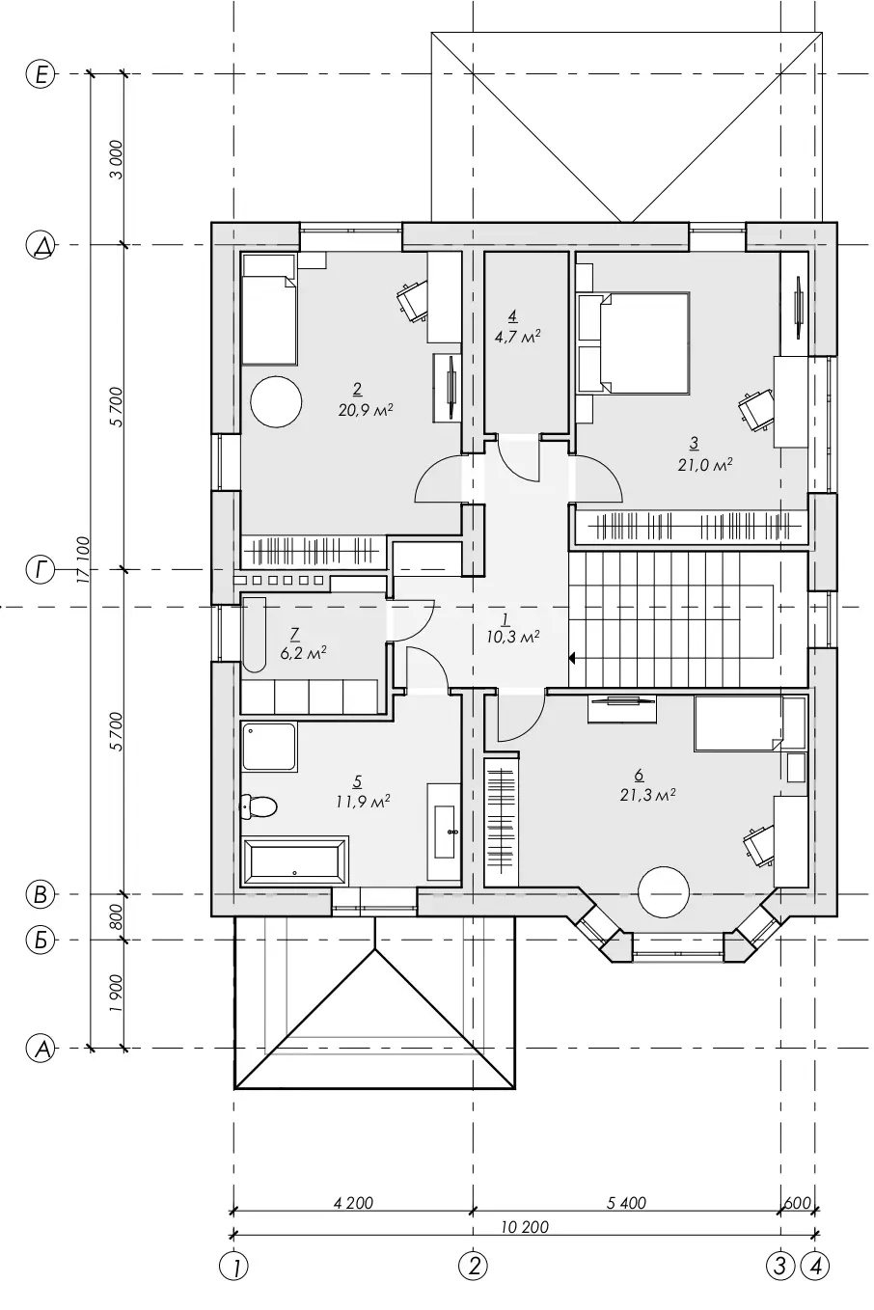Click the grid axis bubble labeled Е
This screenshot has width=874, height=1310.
tap(41, 75)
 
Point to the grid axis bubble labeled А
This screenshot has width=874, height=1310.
tap(41, 1048)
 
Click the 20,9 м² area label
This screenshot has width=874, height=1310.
tap(365, 409)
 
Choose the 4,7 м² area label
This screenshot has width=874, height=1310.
tap(517, 337)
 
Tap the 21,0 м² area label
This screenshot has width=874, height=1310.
tap(705, 465)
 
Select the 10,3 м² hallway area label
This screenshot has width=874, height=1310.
tap(512, 637)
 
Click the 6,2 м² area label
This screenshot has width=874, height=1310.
tap(303, 653)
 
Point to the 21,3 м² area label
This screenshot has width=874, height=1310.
tap(648, 795)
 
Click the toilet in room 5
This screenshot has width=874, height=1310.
tap(259, 807)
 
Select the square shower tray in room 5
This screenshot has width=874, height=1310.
tap(269, 747)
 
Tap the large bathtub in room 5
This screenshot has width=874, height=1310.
tap(295, 861)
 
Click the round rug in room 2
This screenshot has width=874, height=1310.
tap(276, 401)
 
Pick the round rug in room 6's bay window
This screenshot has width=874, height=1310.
tap(664, 893)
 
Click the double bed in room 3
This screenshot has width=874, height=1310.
tap(633, 342)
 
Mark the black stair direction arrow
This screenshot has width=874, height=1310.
tap(572, 659)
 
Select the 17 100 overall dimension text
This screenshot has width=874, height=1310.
tap(83, 559)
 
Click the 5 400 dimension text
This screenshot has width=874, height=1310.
tap(626, 1203)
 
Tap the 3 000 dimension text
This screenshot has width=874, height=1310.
tap(117, 160)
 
